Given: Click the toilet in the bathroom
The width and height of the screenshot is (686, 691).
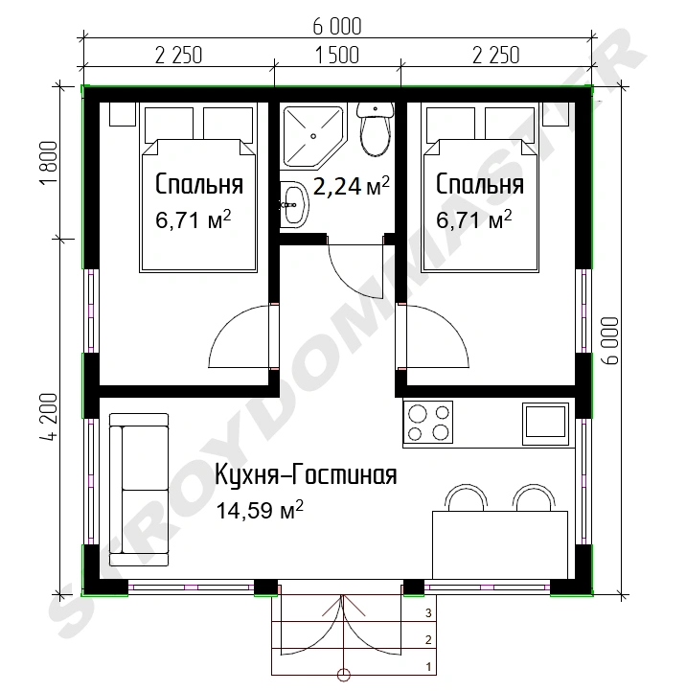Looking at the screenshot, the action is pos(375,128).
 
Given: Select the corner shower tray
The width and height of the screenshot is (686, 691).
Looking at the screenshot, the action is pos(312,137).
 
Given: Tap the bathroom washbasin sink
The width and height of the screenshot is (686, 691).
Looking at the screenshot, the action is pos(294,205).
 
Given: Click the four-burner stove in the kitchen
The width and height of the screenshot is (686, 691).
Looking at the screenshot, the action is pos(428,422).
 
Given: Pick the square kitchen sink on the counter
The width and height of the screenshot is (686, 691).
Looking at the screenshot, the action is pos(545,424).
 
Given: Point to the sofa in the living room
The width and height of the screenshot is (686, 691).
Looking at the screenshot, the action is pos(139,490).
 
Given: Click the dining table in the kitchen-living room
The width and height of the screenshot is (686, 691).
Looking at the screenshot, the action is pos(499,545).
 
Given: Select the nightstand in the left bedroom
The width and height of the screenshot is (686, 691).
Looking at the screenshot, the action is pos(122,114).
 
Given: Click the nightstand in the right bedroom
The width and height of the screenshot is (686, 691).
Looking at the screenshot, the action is pos(555,114).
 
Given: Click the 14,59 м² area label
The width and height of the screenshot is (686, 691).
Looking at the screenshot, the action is pos(260,510).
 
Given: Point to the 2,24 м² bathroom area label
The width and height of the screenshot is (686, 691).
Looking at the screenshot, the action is pos(352,186).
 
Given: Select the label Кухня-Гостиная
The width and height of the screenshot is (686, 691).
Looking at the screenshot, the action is pos(306,474).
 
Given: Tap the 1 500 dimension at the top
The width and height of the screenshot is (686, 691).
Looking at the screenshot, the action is pos(337,56).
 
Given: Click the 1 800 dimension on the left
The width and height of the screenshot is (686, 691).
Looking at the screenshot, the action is pos(49,163).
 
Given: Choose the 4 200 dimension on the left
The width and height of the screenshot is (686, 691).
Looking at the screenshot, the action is pos(49,417).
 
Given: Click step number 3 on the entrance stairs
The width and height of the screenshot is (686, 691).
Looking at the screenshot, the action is pos(428,612).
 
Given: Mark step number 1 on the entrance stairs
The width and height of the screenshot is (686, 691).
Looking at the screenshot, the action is pos(428,667).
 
